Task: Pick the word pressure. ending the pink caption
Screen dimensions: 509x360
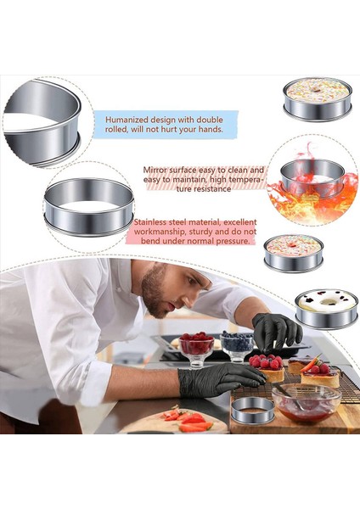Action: coord(231,240)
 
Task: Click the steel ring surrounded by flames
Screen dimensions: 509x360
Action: coord(312,178)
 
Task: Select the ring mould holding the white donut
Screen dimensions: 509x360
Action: coord(326,309)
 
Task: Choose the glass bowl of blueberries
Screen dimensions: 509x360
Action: coord(237,343)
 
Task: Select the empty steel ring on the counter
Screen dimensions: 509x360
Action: coord(252,410)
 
